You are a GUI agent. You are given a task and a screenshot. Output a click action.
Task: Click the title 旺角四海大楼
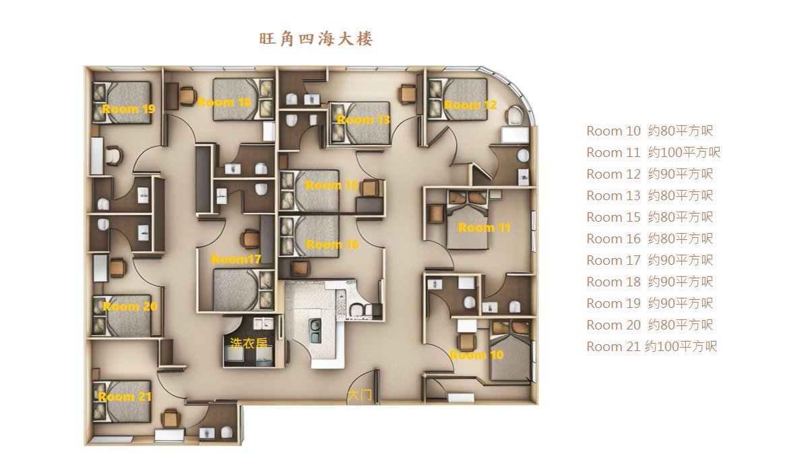316,38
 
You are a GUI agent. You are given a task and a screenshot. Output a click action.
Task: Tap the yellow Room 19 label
129,109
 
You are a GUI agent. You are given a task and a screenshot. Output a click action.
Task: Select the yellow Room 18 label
224,102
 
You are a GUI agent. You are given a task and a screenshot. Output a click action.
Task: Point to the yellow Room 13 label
363,119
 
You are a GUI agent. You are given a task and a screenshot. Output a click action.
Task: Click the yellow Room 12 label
470,105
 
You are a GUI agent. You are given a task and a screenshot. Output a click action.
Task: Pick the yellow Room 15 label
332,185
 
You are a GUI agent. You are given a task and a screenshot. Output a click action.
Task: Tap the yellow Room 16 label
332,245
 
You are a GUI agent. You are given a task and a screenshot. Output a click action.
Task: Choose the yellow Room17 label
236,259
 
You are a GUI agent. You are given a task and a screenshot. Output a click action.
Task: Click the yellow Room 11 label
484,228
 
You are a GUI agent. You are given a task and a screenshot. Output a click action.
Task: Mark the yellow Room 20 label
130,307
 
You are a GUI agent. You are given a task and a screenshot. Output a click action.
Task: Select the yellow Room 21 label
125,397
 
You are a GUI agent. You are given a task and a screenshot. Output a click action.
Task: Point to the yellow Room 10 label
476,355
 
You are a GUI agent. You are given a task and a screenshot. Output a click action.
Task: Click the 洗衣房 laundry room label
249,344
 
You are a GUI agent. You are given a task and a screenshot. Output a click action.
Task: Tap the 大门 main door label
360,395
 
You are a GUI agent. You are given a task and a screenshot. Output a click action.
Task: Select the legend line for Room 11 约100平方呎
654,152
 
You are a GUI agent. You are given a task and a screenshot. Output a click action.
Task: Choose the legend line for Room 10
650,131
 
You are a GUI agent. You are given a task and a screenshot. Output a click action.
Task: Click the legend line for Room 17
650,260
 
